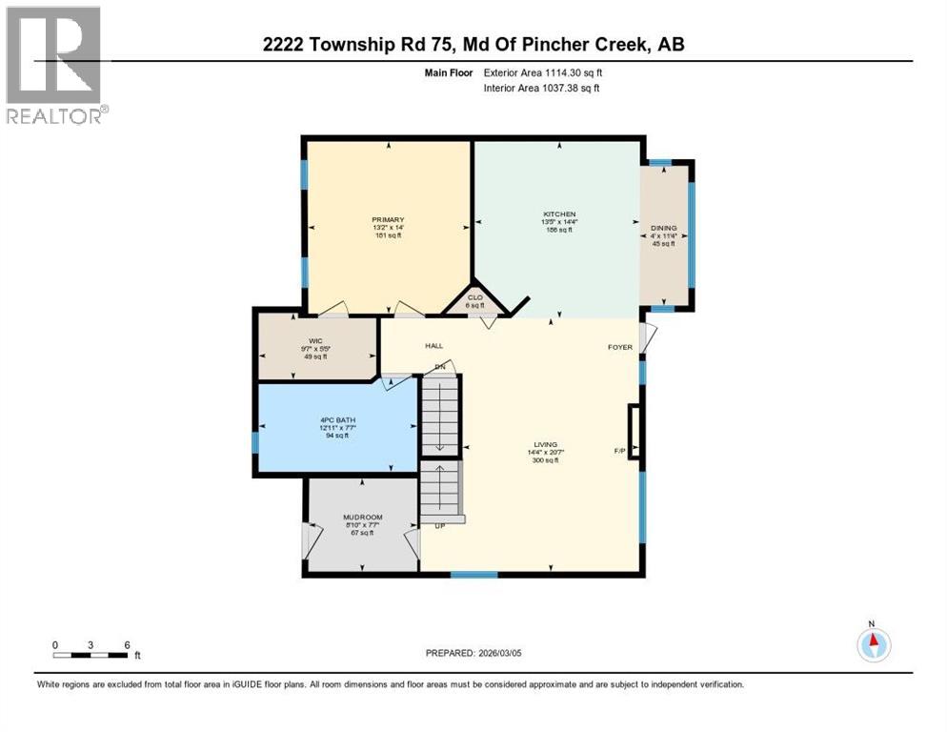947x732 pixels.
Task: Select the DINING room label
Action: [663, 228]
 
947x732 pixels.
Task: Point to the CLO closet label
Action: [475, 296]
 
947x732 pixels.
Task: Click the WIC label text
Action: [316, 339]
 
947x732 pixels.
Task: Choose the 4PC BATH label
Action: [337, 417]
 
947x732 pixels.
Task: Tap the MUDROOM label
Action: [362, 517]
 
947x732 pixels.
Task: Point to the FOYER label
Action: [620, 347]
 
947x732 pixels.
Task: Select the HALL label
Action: [433, 346]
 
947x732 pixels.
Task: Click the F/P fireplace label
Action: [620, 450]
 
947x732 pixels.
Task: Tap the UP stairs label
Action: [440, 526]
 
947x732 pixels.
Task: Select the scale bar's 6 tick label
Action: [126, 644]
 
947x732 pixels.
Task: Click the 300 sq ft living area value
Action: [543, 460]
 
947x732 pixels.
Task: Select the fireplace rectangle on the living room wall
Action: [635, 433]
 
